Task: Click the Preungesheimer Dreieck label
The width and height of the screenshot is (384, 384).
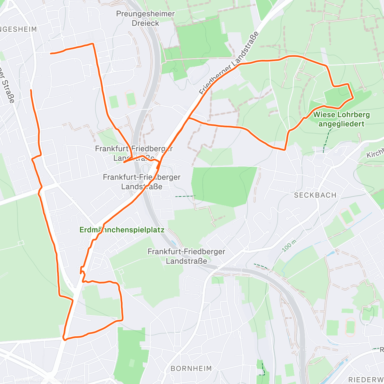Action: point(146,18)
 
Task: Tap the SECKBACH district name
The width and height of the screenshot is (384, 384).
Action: point(315,195)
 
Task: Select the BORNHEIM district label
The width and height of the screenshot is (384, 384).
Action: point(191,369)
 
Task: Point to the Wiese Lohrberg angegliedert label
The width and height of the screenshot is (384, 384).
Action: point(341,119)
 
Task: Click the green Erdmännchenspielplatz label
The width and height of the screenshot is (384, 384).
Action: point(122,230)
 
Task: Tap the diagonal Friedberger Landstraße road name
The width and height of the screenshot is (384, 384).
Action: point(229,63)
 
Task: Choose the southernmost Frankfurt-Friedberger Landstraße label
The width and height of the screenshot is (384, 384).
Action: point(186,256)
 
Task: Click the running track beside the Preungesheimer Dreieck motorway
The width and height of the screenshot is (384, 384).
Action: point(131,99)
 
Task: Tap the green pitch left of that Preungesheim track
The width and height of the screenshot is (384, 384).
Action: point(114,102)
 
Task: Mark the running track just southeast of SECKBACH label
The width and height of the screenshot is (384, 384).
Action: point(346,217)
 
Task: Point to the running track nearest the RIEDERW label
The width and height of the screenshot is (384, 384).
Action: point(350,327)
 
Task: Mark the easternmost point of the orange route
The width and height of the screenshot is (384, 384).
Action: point(353,98)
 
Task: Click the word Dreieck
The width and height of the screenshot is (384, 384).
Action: point(146,23)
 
